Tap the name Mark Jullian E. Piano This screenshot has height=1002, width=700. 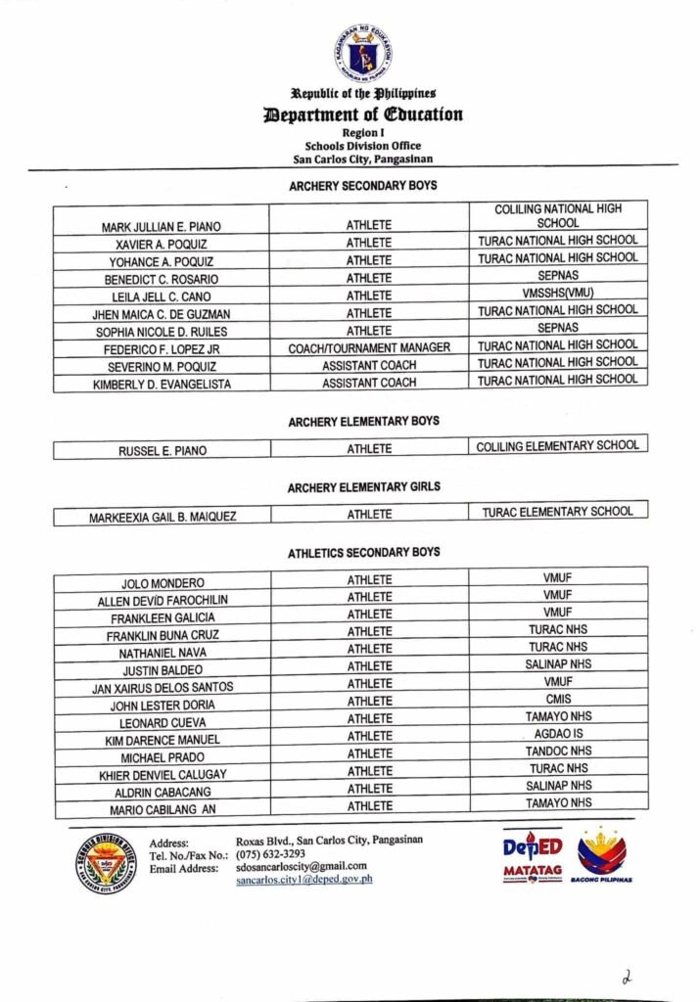click(x=163, y=227)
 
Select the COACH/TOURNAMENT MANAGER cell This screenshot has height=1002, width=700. click(x=369, y=348)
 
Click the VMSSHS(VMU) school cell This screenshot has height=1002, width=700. click(x=558, y=294)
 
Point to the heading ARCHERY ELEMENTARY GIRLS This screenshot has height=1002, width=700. click(x=363, y=487)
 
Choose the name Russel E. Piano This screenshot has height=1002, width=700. click(x=163, y=451)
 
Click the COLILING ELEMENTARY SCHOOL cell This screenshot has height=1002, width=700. click(x=558, y=446)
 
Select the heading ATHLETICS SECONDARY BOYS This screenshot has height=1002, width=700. click(x=363, y=553)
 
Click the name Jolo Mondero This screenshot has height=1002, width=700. click(x=163, y=583)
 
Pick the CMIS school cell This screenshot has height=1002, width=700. click(x=558, y=700)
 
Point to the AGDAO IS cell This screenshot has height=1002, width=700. click(x=558, y=734)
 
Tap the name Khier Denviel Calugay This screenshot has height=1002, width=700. click(x=163, y=774)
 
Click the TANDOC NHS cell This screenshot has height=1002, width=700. click(x=558, y=751)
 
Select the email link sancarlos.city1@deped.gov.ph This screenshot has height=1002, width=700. click(x=304, y=880)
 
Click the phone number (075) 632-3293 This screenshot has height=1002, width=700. click(x=270, y=853)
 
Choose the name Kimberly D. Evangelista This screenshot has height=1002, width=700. click(x=163, y=385)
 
